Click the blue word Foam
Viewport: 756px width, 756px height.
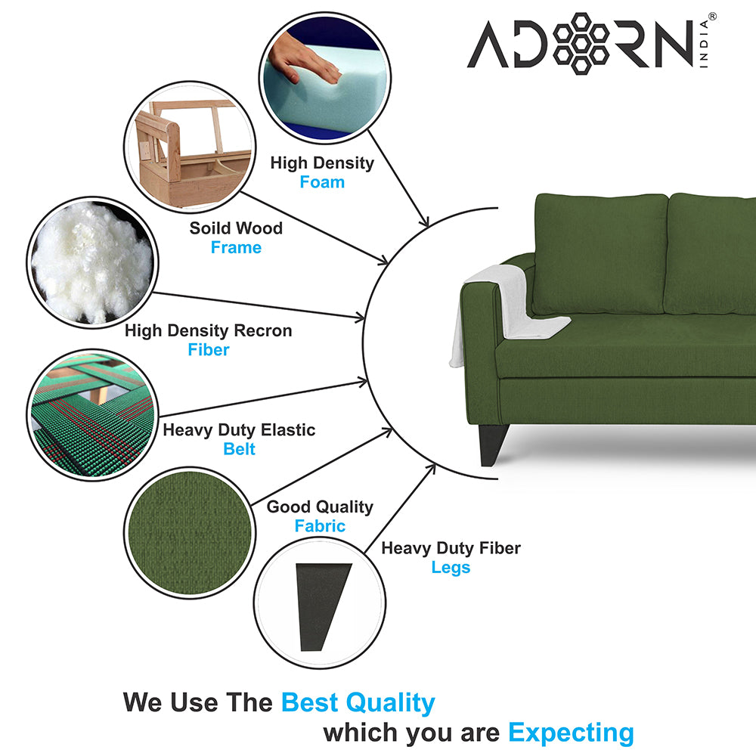[322, 182]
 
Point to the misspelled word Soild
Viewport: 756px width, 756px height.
[209, 228]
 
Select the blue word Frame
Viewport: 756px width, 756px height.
[236, 248]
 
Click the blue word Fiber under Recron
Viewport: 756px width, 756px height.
[208, 350]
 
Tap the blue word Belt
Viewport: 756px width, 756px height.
[239, 449]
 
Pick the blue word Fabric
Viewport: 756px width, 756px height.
[320, 526]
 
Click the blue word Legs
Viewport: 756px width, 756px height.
[451, 568]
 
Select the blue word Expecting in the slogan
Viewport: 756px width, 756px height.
[571, 733]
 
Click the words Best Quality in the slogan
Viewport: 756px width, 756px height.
[358, 702]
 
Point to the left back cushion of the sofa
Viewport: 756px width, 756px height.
[601, 253]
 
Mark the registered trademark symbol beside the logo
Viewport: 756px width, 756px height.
[711, 16]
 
